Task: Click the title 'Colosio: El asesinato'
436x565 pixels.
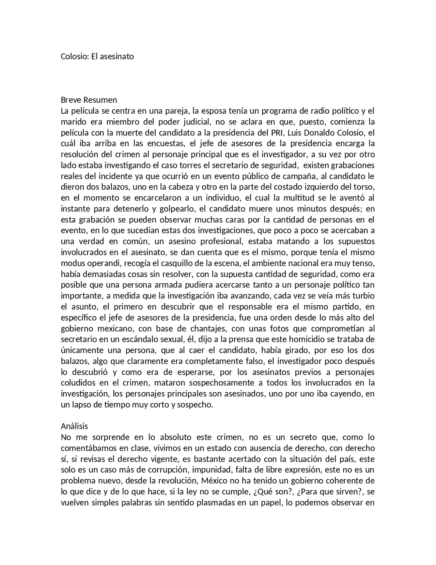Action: click(x=97, y=56)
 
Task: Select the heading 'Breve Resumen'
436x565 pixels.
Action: click(x=89, y=100)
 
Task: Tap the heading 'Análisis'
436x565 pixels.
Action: click(x=74, y=426)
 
